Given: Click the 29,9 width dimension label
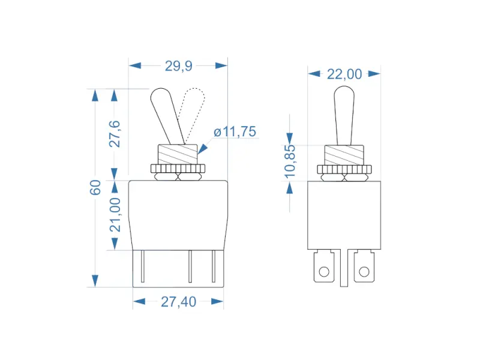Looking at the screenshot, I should (x=178, y=65).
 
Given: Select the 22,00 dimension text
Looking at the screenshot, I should (x=344, y=74).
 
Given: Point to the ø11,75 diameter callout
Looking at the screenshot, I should (x=235, y=132).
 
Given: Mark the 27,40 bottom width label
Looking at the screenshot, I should (x=178, y=302).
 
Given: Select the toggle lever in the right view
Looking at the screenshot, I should (x=344, y=114).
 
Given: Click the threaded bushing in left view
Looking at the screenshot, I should (x=178, y=155).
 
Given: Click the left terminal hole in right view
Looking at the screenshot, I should (x=325, y=272).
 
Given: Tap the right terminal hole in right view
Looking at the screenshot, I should (x=364, y=272).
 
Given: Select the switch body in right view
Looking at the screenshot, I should (x=344, y=215).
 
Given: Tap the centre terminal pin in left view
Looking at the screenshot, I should (x=189, y=267).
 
